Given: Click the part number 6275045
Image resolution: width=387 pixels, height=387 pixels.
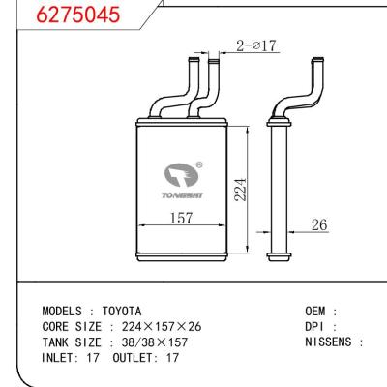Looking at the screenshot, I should tap(53, 15).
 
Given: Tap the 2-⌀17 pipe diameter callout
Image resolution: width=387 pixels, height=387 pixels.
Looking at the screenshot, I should tap(254, 45).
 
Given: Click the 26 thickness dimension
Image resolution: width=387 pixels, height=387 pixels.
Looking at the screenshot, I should tap(317, 224).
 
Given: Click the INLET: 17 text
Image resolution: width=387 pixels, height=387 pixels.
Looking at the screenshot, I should tap(73, 357).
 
